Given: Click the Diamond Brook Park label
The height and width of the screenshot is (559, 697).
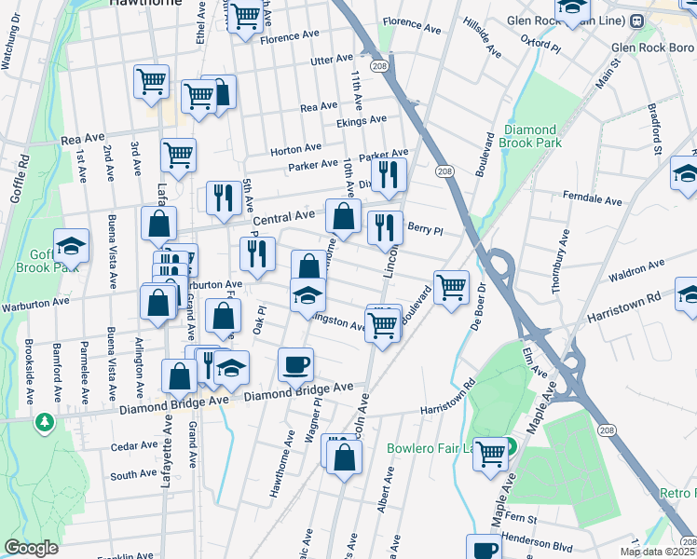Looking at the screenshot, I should [x=530, y=137].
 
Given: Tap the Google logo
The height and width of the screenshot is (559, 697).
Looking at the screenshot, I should [x=31, y=548].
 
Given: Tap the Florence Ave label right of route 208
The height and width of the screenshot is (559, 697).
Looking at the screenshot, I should [x=411, y=24].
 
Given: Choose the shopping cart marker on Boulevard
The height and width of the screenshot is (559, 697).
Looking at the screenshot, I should [x=451, y=287].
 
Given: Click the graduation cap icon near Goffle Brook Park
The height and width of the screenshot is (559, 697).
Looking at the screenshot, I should [x=71, y=246].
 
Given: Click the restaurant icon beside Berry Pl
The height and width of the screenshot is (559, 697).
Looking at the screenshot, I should [x=385, y=227].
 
